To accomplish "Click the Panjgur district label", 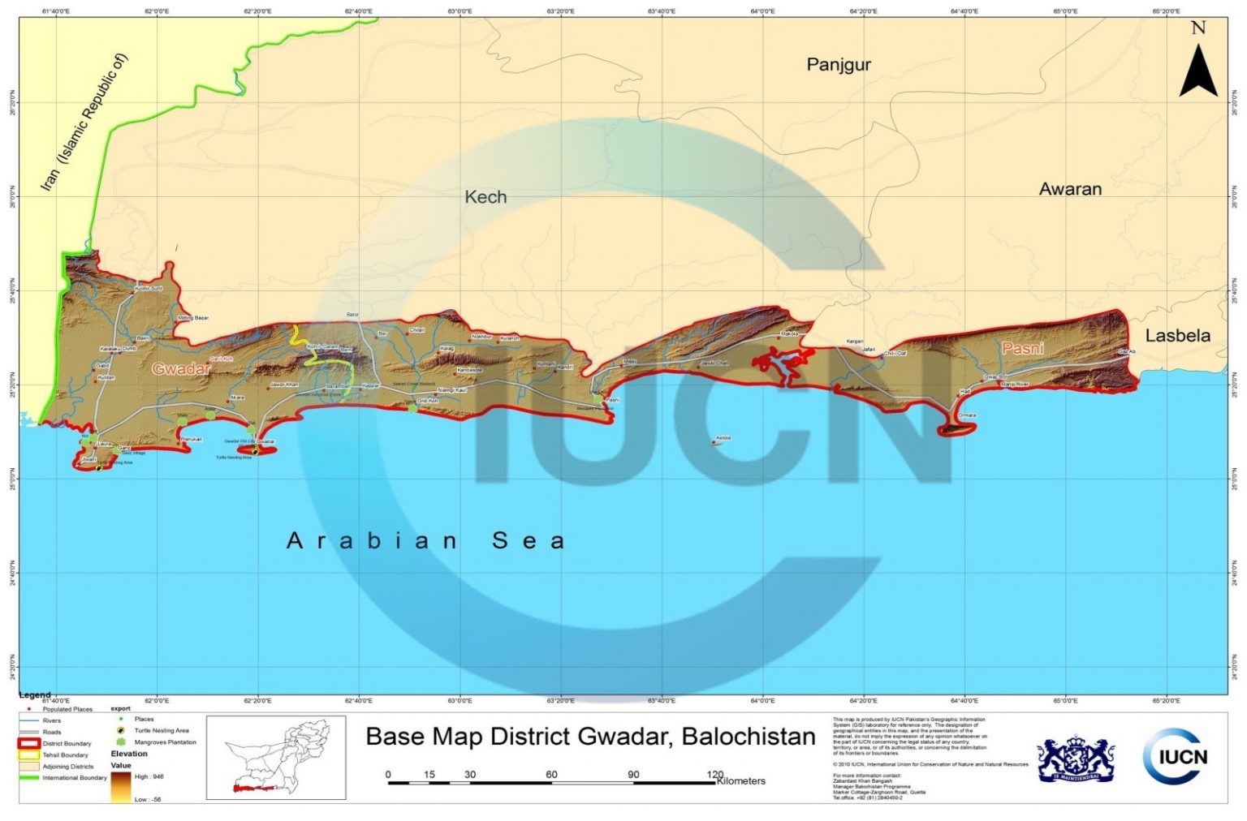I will coord(838,65).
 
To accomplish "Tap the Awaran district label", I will coord(1070,189).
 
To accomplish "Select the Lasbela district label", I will coord(1177,336).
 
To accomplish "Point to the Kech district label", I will coord(485,197).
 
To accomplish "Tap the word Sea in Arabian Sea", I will coord(528,541).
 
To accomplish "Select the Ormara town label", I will coord(967,415).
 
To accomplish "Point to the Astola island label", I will coord(723,438).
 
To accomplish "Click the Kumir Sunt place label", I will coord(149,288).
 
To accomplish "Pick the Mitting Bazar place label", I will coord(193,318).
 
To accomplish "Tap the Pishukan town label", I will coord(192,439).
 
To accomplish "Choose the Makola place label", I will coord(789,333).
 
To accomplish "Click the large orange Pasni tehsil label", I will coord(1022,349).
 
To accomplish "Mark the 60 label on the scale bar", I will coord(551,775).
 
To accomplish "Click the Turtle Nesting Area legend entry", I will coord(162,731).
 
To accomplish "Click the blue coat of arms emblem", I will coord(1076,759).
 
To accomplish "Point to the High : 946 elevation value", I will coord(149,777).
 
